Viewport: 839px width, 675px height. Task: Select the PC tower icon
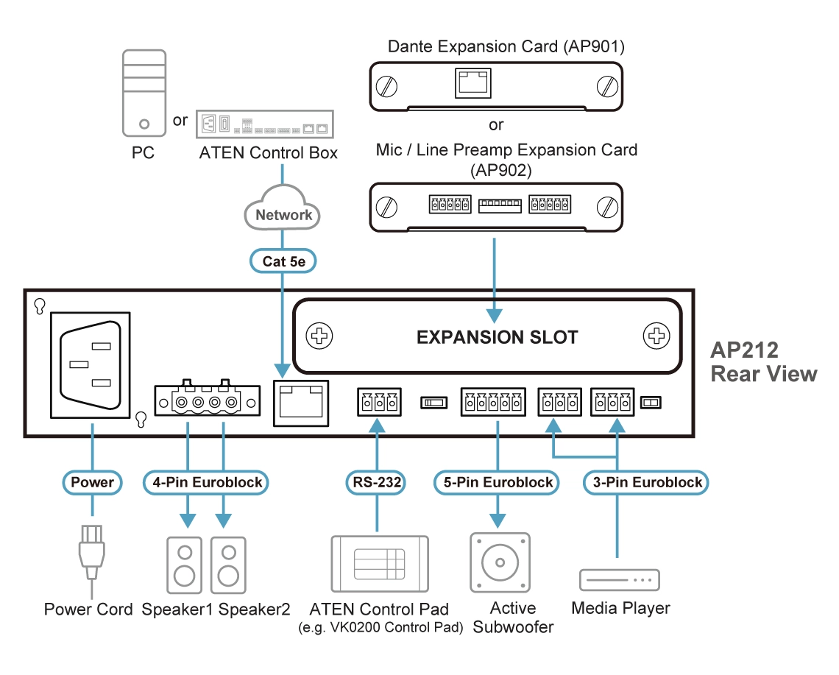[x=144, y=93]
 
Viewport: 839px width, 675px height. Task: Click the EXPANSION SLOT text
[x=497, y=337]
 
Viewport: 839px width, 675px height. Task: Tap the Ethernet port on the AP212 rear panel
[x=301, y=401]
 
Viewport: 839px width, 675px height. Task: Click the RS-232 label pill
[x=376, y=482]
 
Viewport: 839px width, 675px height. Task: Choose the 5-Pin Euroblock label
[x=498, y=482]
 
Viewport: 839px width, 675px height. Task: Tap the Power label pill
[x=92, y=482]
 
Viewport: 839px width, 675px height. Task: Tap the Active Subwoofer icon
[x=500, y=562]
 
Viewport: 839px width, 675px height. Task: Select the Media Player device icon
[x=620, y=579]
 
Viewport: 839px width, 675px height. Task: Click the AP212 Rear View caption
[x=763, y=361]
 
